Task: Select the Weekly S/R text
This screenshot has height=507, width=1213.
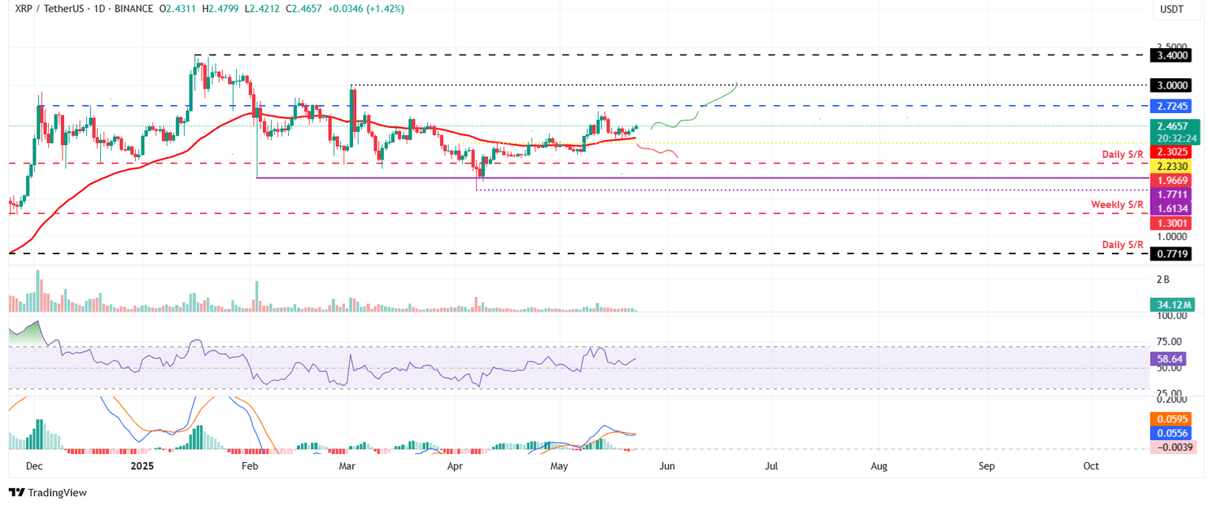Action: (x=1117, y=205)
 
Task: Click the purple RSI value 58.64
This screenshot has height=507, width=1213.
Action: (x=1173, y=358)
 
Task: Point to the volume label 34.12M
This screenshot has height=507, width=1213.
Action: (x=1173, y=304)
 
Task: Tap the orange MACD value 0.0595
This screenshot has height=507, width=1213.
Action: (x=1173, y=419)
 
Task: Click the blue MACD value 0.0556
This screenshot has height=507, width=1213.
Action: (x=1173, y=434)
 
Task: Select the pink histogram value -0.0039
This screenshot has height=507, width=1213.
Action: (x=1173, y=448)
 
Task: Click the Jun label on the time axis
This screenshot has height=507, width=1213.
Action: (x=667, y=467)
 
